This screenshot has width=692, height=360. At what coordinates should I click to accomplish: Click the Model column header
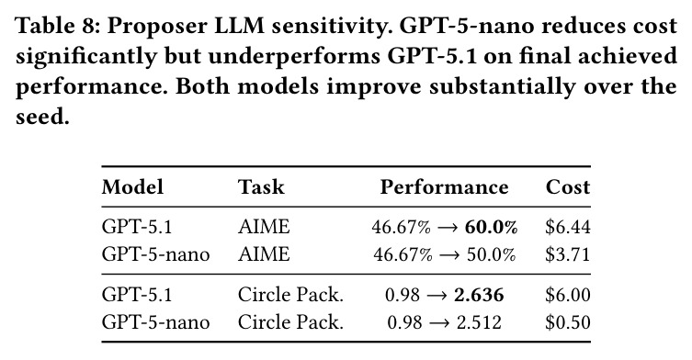[x=132, y=186]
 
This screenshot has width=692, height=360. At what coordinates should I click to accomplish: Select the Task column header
[x=261, y=186]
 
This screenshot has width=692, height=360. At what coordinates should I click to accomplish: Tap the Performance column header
[x=444, y=186]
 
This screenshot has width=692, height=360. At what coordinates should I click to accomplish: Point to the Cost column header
[x=568, y=186]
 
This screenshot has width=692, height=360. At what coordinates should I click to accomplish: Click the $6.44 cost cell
[x=568, y=227]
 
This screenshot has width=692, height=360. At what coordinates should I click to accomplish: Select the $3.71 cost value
[x=568, y=254]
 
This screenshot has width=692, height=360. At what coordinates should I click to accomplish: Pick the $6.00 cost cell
[x=568, y=295]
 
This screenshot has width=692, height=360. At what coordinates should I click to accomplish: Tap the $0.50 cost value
[x=568, y=322]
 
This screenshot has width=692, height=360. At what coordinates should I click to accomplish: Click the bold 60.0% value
[x=491, y=227]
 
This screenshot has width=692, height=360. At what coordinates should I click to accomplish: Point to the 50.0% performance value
[x=491, y=255]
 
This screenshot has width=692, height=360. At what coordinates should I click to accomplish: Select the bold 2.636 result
[x=479, y=295]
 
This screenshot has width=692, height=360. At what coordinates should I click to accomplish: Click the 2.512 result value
[x=479, y=322]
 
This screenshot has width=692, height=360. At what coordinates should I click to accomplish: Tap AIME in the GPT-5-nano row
[x=264, y=254]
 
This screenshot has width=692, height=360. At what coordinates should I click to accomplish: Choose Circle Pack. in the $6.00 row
[x=290, y=295]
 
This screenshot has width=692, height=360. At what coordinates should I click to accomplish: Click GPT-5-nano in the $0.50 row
[x=155, y=322]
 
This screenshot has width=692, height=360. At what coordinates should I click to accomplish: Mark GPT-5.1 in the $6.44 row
[x=136, y=227]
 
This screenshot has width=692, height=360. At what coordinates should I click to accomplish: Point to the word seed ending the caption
[x=42, y=117]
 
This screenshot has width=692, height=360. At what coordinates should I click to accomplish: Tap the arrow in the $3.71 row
[x=448, y=255]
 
